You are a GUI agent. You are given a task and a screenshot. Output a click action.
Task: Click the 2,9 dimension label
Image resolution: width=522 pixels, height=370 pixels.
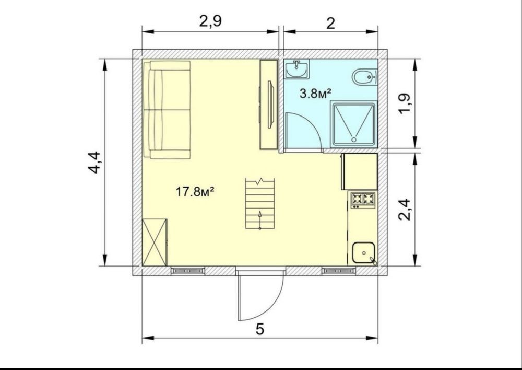(210, 22)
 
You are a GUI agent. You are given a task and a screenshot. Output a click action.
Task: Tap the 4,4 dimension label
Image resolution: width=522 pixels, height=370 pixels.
(94, 163)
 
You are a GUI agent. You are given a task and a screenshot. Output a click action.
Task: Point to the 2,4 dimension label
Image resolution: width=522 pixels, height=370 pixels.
(406, 210)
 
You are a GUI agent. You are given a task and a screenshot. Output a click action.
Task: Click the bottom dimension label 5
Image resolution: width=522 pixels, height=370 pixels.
(260, 329)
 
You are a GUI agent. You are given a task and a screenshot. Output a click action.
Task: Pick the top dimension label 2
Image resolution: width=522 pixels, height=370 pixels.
(330, 24)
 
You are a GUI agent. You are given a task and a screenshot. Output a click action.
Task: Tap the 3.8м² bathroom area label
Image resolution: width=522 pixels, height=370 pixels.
(315, 94)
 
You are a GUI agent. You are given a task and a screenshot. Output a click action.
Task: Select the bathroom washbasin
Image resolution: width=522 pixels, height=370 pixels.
(296, 69)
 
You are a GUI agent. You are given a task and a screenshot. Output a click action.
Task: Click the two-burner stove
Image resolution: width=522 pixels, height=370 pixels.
(363, 200)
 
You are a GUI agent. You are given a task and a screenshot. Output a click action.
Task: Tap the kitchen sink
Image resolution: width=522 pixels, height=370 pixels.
(364, 253)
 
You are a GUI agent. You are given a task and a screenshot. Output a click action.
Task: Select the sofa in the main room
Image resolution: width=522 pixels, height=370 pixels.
(167, 109)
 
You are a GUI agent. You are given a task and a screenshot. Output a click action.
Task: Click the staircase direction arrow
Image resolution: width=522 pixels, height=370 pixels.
(260, 219)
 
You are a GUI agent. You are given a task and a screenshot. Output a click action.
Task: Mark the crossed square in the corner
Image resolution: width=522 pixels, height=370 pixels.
(155, 242)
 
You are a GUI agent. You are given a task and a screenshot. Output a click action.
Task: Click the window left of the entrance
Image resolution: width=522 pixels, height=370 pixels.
(188, 271)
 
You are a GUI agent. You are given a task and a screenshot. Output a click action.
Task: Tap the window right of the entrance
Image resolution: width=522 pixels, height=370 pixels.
(339, 271)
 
